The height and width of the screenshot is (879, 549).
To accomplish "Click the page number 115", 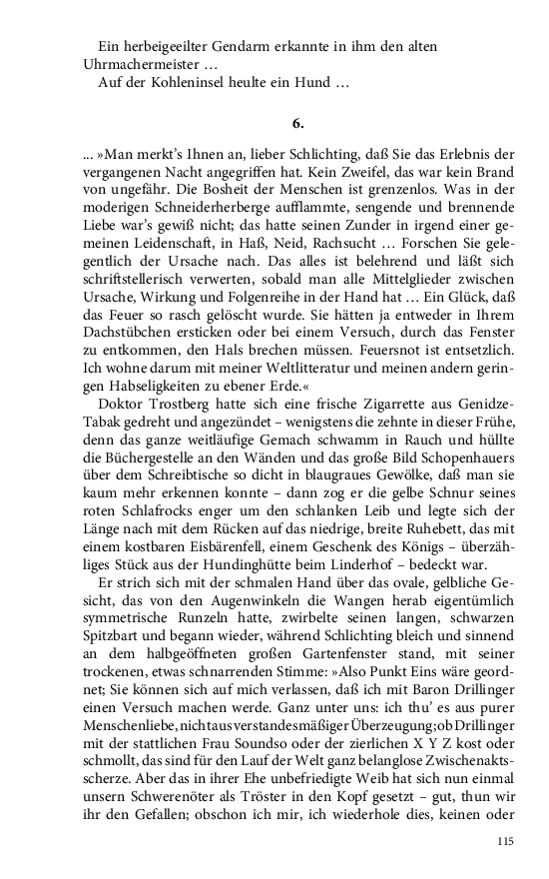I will pyautogui.click(x=504, y=843).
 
